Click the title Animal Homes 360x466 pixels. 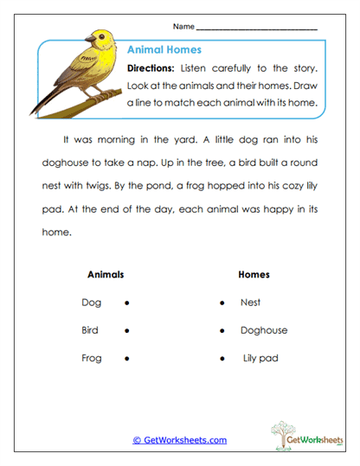(x=165, y=50)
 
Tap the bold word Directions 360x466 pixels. (x=152, y=68)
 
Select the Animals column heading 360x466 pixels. (x=106, y=275)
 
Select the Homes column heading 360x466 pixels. (x=254, y=275)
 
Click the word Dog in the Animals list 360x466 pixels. (x=91, y=303)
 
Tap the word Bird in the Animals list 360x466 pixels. (x=91, y=330)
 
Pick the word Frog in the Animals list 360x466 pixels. (x=92, y=358)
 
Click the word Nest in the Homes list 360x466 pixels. (x=251, y=303)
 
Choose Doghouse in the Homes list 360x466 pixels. (x=264, y=330)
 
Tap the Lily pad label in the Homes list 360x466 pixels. (x=260, y=358)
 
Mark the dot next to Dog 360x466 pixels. (x=127, y=303)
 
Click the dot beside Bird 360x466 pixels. (x=127, y=331)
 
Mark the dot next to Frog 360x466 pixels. (x=127, y=359)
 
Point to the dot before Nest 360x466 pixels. (x=222, y=303)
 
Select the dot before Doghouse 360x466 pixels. (x=222, y=331)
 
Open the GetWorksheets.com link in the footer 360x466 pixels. (x=179, y=440)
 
